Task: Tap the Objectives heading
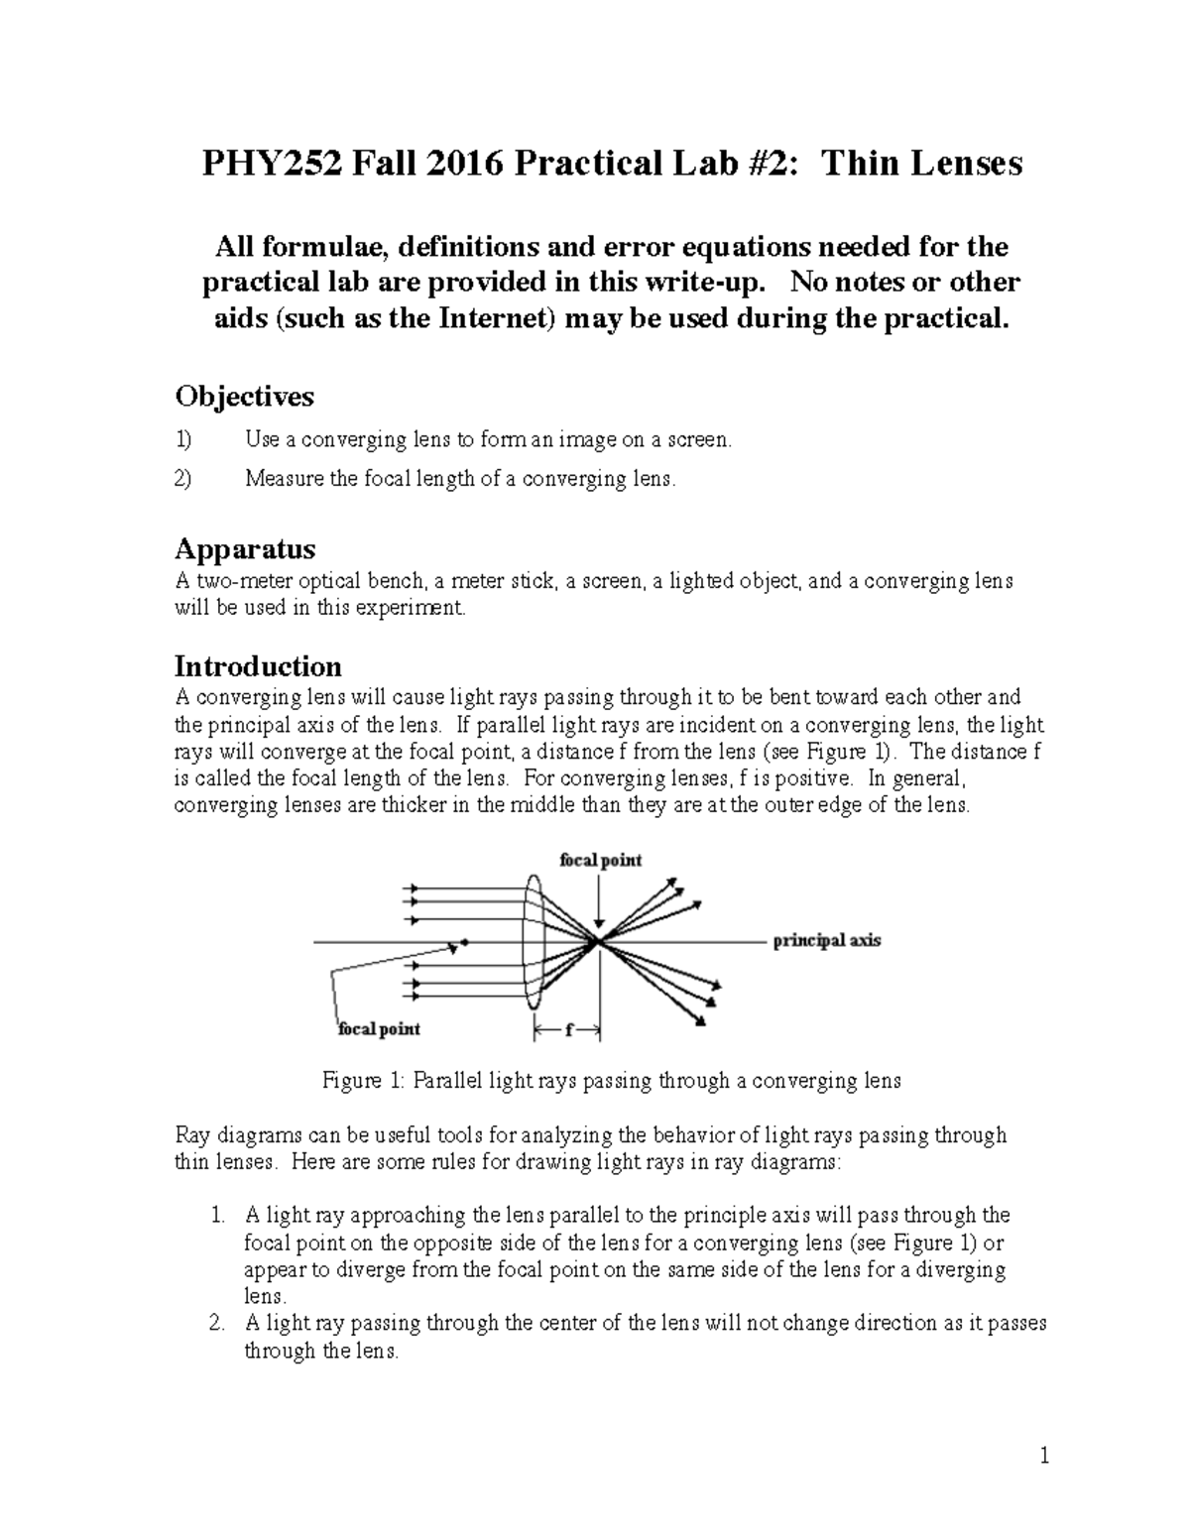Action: pyautogui.click(x=244, y=397)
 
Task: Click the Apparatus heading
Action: pyautogui.click(x=245, y=548)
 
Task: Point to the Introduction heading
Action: pyautogui.click(x=258, y=665)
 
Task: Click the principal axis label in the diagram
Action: pyautogui.click(x=826, y=941)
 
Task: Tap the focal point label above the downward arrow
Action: pyautogui.click(x=600, y=860)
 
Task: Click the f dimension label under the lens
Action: pyautogui.click(x=568, y=1031)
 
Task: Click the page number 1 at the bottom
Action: pyautogui.click(x=1044, y=1457)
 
